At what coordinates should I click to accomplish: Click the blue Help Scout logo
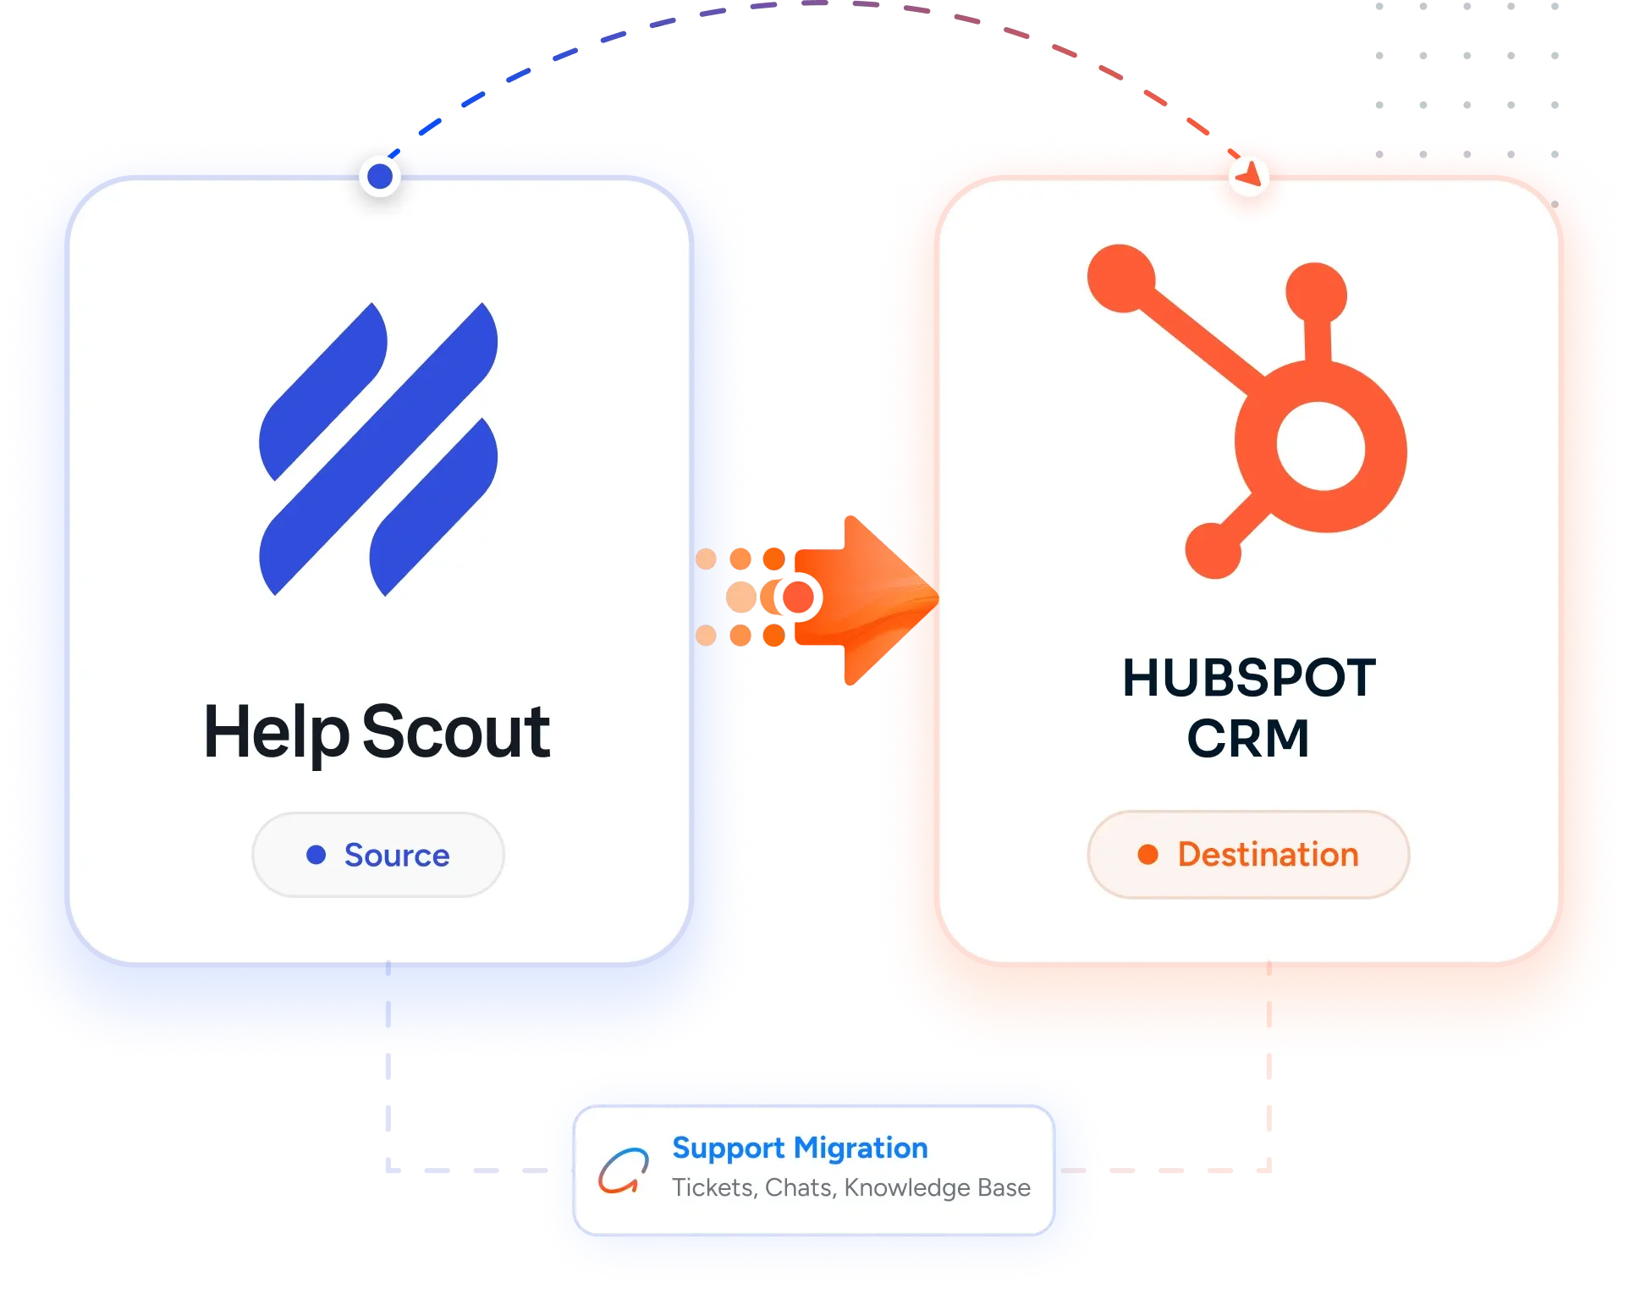point(378,449)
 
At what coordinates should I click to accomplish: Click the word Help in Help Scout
point(276,733)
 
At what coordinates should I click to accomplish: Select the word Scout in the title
point(456,731)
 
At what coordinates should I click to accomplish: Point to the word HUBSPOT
point(1249,678)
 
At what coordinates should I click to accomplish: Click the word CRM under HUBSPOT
point(1248,738)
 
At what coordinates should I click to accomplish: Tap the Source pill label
point(397,855)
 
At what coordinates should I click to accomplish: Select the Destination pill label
point(1268,854)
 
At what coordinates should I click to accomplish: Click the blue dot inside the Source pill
point(316,855)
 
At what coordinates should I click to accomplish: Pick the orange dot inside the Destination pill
point(1147,855)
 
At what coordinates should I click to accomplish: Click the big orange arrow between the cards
point(863,599)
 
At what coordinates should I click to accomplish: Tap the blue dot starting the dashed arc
point(380,176)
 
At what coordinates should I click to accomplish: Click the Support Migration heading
point(800,1148)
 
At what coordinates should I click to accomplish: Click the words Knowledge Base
point(937,1187)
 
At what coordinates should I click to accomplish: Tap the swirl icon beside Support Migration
point(624,1170)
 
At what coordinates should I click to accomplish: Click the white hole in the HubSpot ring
point(1320,445)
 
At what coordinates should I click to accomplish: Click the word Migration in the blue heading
point(861,1148)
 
